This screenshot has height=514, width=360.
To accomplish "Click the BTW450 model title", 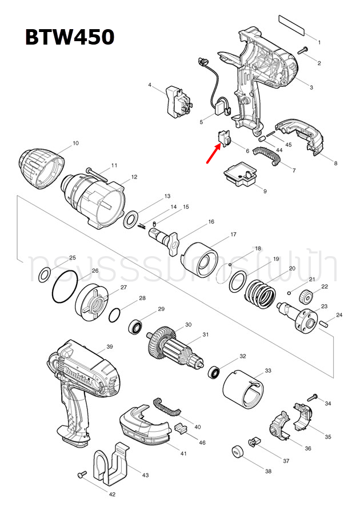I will coord(69,37).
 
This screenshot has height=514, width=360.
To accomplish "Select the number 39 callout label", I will coord(110,347).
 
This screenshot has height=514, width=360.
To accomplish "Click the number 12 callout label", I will coord(134,177).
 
